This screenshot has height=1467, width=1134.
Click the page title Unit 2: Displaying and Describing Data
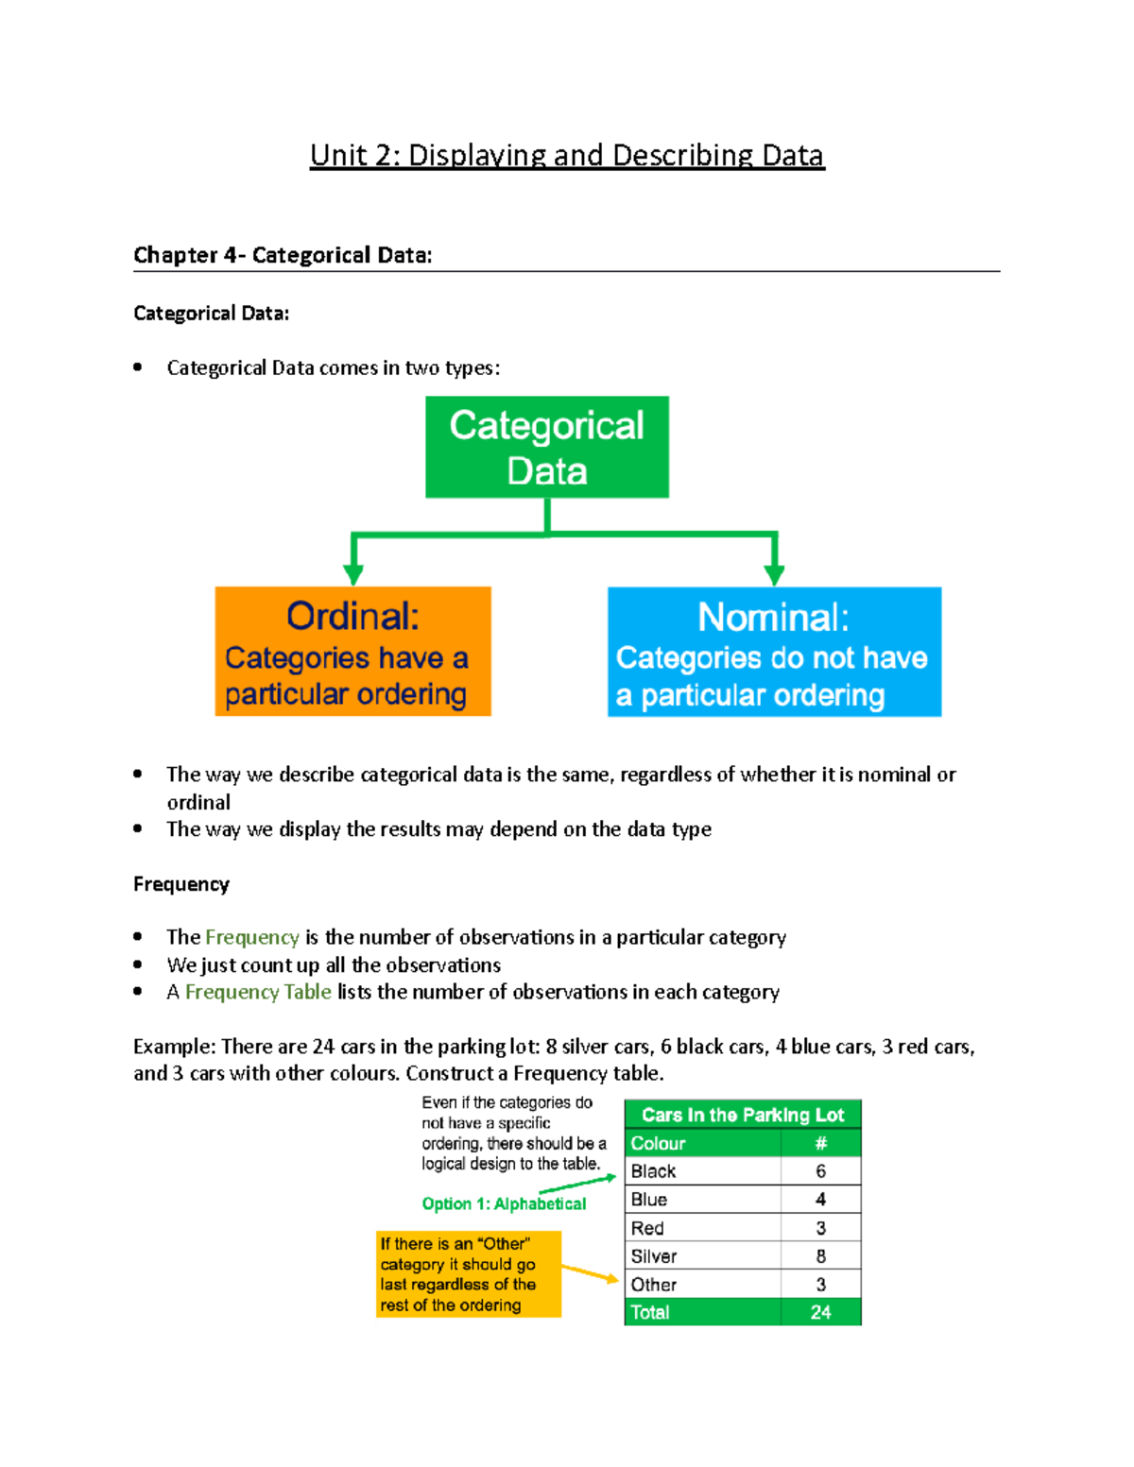click(x=567, y=156)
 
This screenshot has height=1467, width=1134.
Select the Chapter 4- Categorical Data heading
click(x=283, y=255)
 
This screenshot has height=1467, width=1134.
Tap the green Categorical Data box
click(x=547, y=448)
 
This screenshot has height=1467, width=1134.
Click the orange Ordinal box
click(x=352, y=652)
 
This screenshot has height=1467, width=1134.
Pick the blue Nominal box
click(x=774, y=653)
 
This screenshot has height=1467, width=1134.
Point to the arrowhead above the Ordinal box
click(x=353, y=574)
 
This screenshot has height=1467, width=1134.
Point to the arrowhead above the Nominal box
click(x=774, y=574)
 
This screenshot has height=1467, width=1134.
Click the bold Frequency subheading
click(x=181, y=884)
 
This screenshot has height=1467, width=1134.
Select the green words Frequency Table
click(x=258, y=992)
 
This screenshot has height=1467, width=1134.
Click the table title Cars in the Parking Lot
click(x=743, y=1115)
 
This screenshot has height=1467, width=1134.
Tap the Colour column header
click(x=658, y=1143)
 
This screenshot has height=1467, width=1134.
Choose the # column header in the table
click(x=820, y=1143)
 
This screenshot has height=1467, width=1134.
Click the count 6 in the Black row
click(x=820, y=1171)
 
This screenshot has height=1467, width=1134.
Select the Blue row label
click(x=649, y=1200)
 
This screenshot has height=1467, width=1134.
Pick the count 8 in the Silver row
click(x=820, y=1256)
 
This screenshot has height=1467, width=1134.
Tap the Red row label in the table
click(x=647, y=1228)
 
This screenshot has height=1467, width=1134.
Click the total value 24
click(x=820, y=1312)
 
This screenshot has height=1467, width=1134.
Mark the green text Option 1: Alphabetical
click(x=504, y=1203)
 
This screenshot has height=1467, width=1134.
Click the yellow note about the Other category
click(x=469, y=1274)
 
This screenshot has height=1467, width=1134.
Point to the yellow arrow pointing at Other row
click(x=592, y=1274)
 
